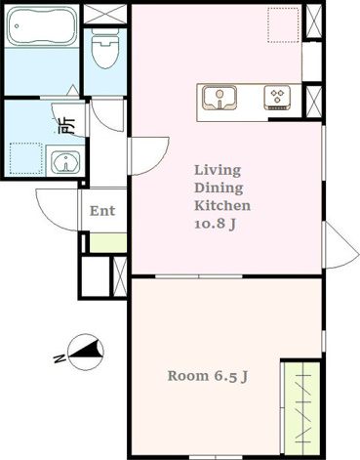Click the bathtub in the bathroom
point(42,26)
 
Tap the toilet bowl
point(105,49)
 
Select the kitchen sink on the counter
point(220,98)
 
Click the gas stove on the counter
point(277,98)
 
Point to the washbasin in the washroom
point(66,161)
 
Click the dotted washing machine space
point(26,158)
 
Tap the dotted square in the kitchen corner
point(283,25)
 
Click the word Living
point(218,170)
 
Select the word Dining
point(219,188)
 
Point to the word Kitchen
point(222,206)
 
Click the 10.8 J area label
point(215,224)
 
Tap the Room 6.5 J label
point(208,376)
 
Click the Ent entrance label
point(102,211)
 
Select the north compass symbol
point(86,353)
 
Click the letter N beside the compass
point(59,358)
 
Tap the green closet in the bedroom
point(302,407)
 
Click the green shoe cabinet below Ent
point(108,242)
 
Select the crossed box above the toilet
point(105,14)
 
